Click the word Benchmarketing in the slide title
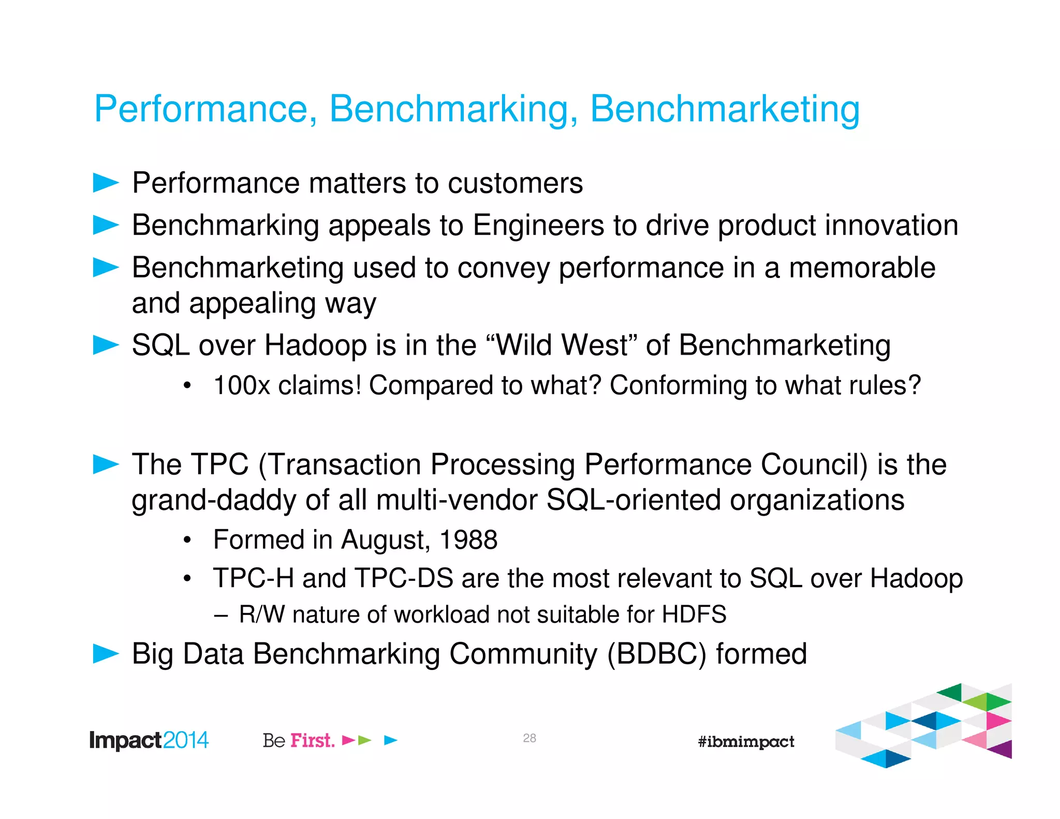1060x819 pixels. click(x=725, y=109)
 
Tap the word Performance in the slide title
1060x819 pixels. click(x=202, y=109)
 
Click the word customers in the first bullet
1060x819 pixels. click(x=515, y=183)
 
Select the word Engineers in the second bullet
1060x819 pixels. click(x=538, y=226)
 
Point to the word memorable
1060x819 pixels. click(x=862, y=268)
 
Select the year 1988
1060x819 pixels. click(x=468, y=540)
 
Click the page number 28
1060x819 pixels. click(x=529, y=738)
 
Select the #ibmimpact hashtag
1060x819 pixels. click(x=746, y=742)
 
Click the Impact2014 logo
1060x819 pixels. click(x=149, y=740)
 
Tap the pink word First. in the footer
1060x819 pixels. click(x=312, y=741)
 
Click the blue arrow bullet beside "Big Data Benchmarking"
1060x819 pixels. click(x=106, y=653)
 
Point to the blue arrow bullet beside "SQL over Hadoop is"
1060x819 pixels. click(x=106, y=345)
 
